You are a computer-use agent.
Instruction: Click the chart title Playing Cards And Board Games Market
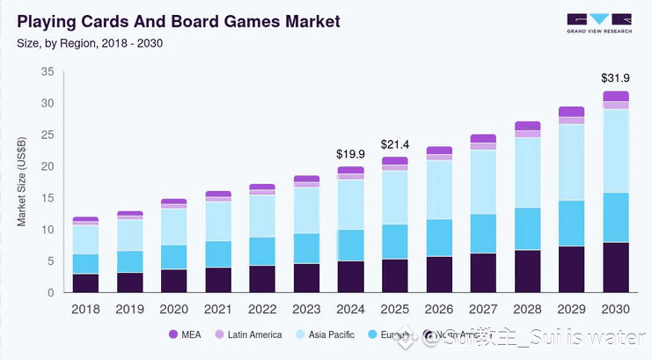coord(178,19)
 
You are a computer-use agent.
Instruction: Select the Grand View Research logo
coord(599,23)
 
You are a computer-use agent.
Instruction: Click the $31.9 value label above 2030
coord(614,77)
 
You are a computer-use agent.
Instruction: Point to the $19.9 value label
coord(350,154)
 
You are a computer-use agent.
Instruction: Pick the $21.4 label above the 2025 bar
coord(394,143)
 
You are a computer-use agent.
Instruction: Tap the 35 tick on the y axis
coord(48,72)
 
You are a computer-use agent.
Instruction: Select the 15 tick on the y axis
coord(48,198)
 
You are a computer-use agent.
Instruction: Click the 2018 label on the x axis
coord(85,309)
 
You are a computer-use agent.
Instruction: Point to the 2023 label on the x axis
coord(306,309)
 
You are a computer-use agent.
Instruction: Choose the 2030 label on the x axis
coord(615,309)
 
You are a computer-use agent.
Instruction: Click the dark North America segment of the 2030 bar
coord(615,268)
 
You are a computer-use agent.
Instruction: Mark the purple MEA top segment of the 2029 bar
coord(571,112)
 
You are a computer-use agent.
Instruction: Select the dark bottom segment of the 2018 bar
coord(85,283)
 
